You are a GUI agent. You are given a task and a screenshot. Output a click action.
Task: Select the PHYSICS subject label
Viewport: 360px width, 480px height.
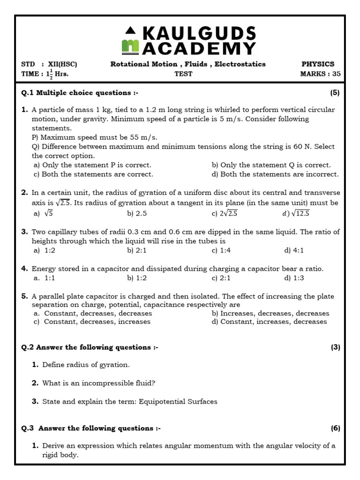coord(318,64)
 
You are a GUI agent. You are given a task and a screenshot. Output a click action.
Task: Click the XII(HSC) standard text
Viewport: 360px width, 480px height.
coord(63,64)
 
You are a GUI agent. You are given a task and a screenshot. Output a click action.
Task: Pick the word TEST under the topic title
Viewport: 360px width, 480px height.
coord(184,74)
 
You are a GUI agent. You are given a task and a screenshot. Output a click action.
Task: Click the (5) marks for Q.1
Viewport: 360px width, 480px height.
coord(335,93)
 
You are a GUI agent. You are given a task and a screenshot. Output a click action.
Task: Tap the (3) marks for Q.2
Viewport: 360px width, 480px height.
coord(335,347)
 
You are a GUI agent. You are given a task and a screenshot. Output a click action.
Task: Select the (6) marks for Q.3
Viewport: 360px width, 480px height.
coord(335,428)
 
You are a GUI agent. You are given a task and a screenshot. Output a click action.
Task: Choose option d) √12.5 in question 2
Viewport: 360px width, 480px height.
coord(296,213)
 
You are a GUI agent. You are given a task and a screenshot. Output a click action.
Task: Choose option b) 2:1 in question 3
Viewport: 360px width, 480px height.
coord(137,250)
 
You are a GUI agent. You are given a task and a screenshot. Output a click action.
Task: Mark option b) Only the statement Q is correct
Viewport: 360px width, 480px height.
coord(271,165)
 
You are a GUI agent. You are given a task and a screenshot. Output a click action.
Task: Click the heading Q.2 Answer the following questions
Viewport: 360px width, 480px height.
coord(90,347)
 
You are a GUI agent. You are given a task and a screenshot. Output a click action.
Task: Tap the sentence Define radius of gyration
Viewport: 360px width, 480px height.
coord(86,365)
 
